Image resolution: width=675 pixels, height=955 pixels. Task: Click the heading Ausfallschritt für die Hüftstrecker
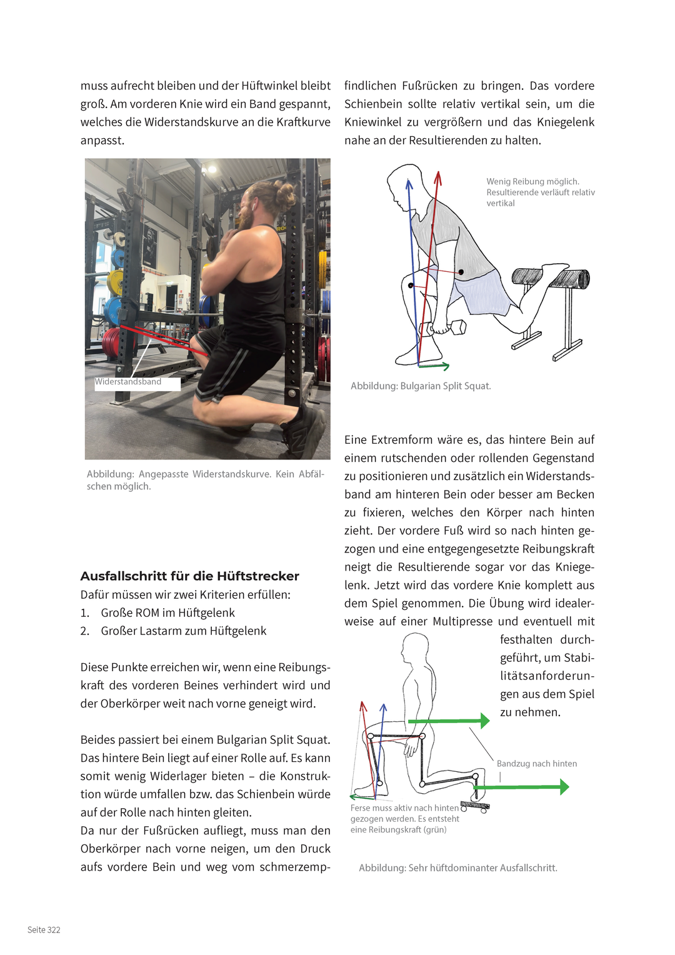coord(190,576)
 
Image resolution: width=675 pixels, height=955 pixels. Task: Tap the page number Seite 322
coord(44,930)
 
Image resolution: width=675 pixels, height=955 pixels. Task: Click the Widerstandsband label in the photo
coord(128,382)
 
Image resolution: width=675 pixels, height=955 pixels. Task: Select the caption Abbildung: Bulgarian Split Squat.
coord(421,386)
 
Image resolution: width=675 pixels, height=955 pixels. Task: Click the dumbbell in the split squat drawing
coord(442,328)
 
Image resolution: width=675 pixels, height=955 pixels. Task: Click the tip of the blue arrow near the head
coord(409,179)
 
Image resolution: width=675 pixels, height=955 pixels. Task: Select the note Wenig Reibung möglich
coord(533,182)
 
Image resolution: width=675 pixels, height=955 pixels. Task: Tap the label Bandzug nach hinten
coord(537,764)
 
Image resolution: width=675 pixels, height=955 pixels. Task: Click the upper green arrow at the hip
coord(449,721)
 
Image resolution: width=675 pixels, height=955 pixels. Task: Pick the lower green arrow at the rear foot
coord(521,787)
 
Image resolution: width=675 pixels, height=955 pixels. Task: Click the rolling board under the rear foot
coord(474,806)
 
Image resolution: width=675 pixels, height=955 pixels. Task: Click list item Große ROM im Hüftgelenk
coord(157,612)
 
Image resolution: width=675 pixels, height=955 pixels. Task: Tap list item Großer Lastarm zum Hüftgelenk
coord(173,631)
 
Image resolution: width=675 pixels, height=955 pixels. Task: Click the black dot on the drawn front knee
coord(411,286)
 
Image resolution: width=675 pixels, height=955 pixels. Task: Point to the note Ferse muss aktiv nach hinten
coord(404,807)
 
